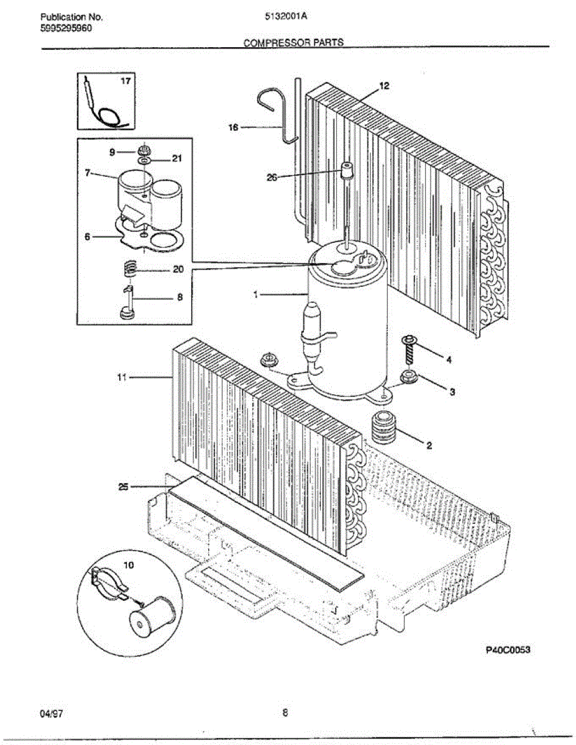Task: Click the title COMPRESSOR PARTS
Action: pos(293,43)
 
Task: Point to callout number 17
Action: pos(126,81)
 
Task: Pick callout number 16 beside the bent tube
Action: pos(234,127)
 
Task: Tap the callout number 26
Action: pos(272,177)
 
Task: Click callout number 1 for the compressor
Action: pos(255,296)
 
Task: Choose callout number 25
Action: pos(124,487)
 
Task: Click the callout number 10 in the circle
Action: pos(129,566)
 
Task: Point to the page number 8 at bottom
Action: pos(285,712)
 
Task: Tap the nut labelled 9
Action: pos(144,150)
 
